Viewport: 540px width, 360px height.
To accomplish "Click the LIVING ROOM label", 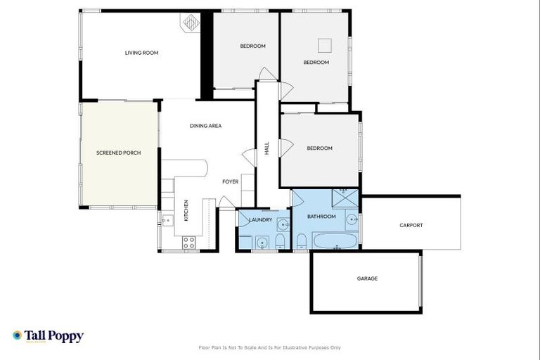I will tap(140, 53).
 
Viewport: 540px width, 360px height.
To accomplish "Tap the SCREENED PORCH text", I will tap(119, 153).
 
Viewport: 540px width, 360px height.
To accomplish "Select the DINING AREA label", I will tap(206, 126).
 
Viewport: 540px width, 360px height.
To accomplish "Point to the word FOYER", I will tap(231, 182).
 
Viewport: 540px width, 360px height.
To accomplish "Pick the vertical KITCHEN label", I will tap(186, 211).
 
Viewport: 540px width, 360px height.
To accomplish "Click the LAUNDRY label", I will tap(259, 219).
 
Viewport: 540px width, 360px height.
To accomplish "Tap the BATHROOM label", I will tap(321, 217).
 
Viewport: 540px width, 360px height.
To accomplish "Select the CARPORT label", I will tap(411, 226).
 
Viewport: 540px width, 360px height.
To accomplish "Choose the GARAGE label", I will tap(367, 278).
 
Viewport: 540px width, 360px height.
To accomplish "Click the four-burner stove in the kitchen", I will tap(189, 243).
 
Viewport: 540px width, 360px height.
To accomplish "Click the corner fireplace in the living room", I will tap(192, 24).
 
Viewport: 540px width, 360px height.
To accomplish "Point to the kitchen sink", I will tap(167, 220).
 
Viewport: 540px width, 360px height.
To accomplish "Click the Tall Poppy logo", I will tap(48, 336).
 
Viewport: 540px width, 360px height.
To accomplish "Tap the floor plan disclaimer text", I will tap(270, 347).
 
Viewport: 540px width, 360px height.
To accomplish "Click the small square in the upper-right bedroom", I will tap(324, 45).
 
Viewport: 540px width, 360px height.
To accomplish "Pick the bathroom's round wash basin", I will tap(352, 219).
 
